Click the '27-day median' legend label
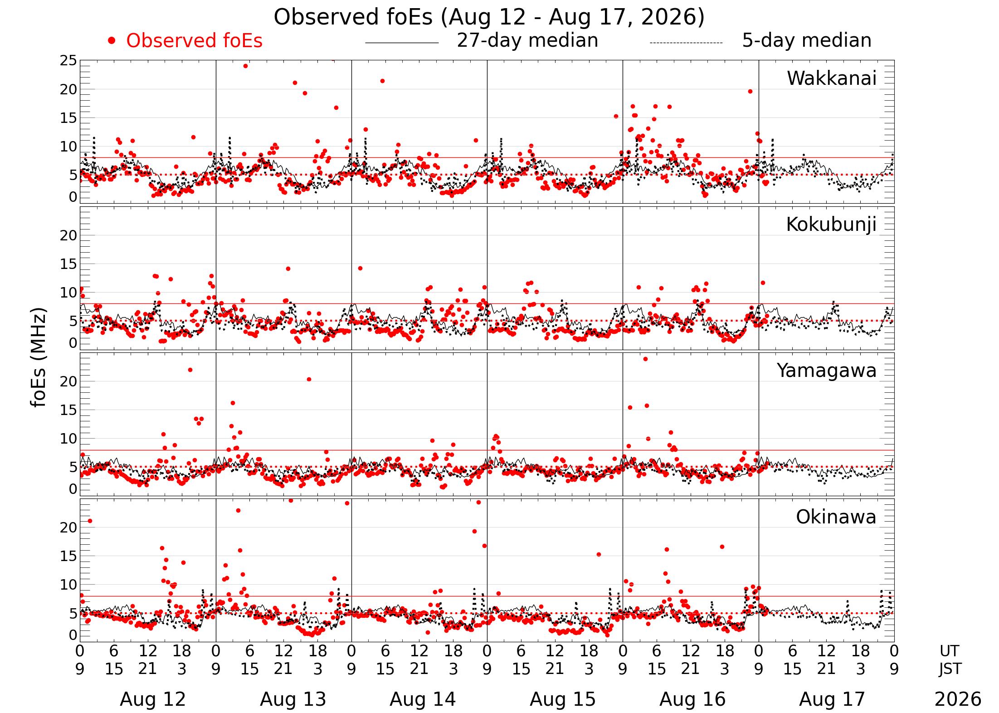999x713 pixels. tap(527, 40)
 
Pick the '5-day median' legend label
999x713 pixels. tap(807, 40)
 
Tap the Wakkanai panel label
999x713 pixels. tap(832, 78)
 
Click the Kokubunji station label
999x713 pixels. tap(831, 225)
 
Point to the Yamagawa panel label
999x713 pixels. tap(827, 371)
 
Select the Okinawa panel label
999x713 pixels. tap(836, 517)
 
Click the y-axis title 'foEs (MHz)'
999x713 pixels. tap(39, 358)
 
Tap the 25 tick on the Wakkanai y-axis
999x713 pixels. tap(68, 61)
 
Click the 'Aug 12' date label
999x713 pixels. tap(153, 699)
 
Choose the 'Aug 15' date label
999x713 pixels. tap(563, 699)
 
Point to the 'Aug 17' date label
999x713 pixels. tap(832, 699)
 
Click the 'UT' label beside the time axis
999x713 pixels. tap(949, 651)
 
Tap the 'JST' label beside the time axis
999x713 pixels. tap(950, 669)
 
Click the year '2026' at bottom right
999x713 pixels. tap(958, 699)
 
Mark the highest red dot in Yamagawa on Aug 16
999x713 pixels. tap(645, 359)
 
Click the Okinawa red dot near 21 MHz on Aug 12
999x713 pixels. tap(90, 521)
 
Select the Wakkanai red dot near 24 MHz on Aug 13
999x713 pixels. tap(245, 66)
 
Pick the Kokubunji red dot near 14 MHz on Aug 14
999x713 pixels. tap(360, 268)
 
